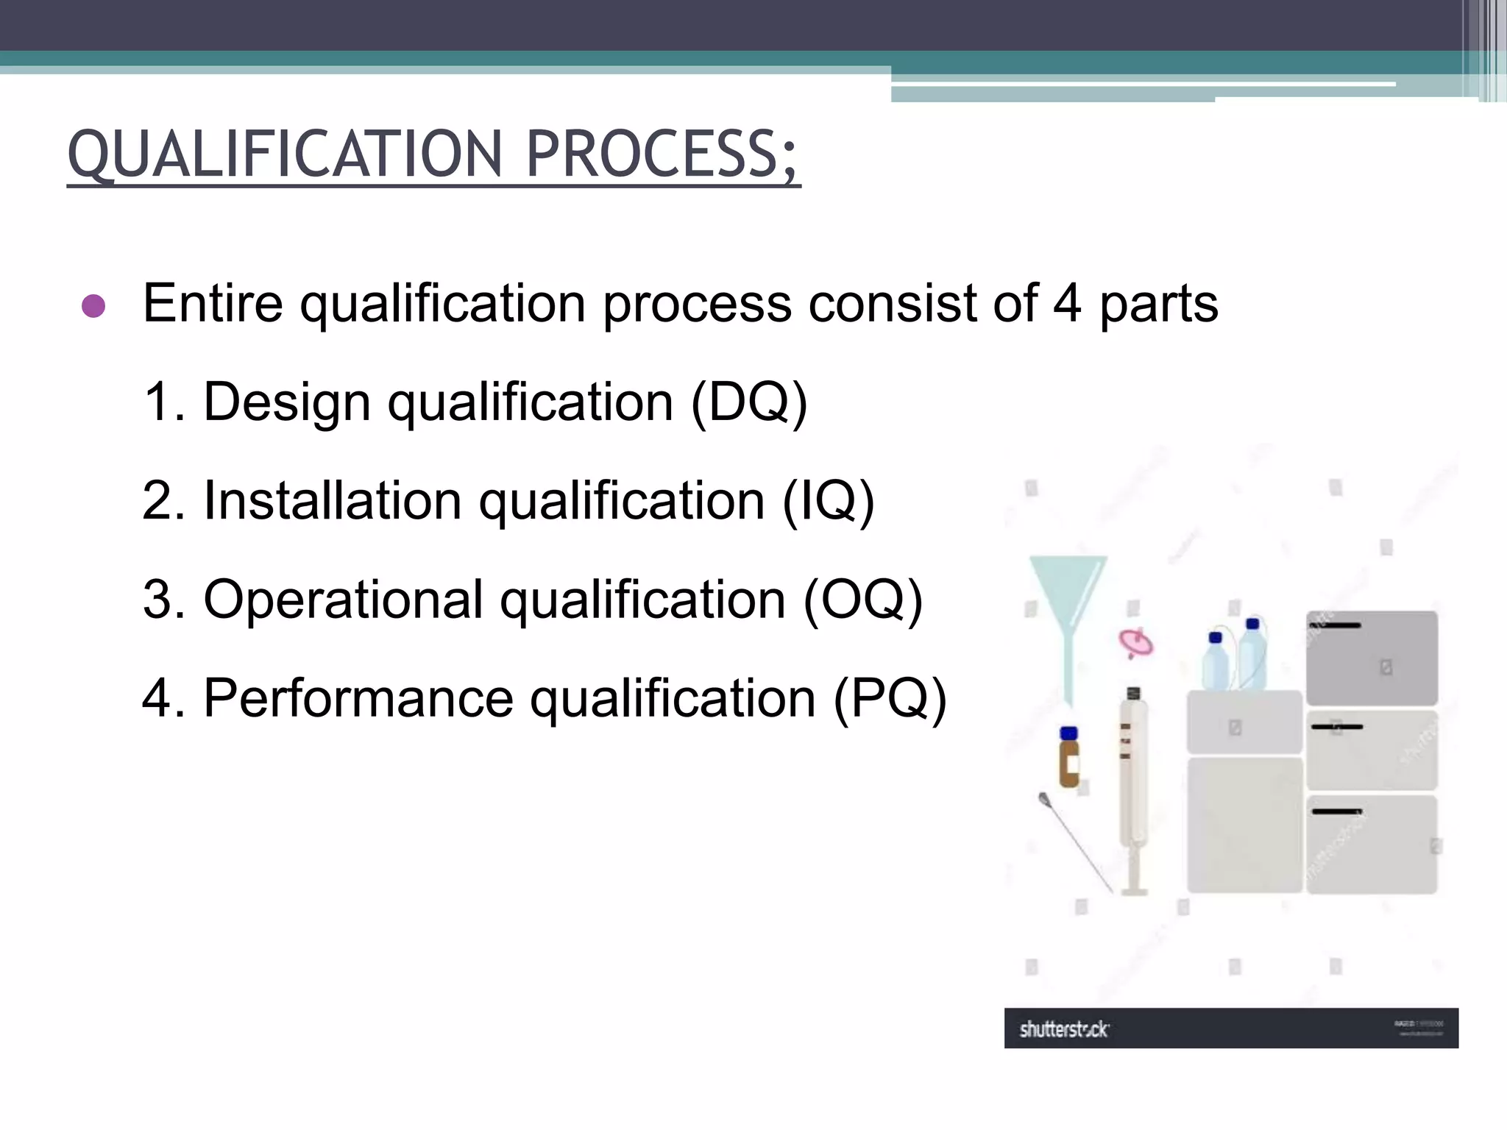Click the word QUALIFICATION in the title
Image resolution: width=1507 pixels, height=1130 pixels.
tap(284, 154)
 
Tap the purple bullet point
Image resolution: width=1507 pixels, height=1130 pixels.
tap(93, 305)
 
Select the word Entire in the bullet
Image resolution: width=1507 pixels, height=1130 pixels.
tap(213, 302)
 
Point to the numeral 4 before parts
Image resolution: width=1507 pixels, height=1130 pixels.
tap(1067, 302)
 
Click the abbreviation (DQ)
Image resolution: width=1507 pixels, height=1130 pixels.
tap(749, 402)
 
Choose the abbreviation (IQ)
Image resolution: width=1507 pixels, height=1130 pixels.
tap(828, 501)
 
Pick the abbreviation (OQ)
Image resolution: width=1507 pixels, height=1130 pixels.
tap(862, 600)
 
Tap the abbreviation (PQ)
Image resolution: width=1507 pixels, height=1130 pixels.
tap(890, 698)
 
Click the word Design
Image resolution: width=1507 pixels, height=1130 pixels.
tap(287, 402)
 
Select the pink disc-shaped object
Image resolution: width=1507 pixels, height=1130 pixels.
tap(1136, 643)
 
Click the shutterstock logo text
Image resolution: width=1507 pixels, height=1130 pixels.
tap(1064, 1029)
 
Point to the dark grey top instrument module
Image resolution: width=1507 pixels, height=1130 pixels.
tap(1372, 658)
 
